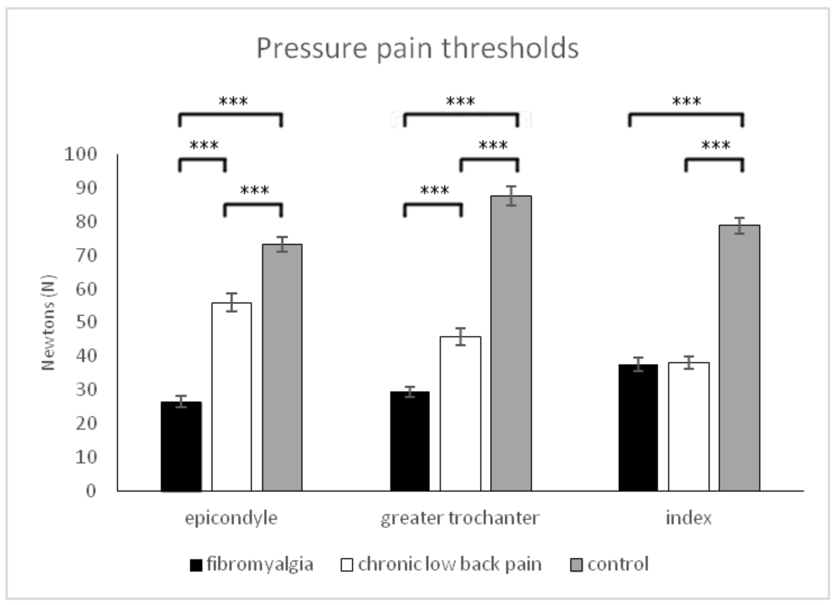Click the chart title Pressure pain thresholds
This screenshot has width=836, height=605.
pos(417,48)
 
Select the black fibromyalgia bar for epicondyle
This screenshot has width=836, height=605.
pos(181,446)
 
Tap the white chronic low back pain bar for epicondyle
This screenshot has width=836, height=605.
pos(231,397)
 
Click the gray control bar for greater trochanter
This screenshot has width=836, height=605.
pos(510,343)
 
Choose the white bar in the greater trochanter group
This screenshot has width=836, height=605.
pos(460,414)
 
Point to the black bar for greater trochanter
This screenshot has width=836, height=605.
pos(410,441)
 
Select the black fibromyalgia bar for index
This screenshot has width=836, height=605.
pos(638,428)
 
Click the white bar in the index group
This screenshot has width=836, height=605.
pos(689,427)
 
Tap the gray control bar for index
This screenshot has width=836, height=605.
pos(739,358)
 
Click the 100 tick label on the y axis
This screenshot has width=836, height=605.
pos(80,154)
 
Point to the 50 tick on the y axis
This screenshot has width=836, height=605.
pos(86,322)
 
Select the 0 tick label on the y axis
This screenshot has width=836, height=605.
pos(91,491)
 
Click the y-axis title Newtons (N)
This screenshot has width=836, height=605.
pos(48,323)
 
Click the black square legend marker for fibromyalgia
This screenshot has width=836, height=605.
pos(196,565)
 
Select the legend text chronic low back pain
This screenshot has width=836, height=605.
pos(450,564)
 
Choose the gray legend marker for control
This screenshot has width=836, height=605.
pos(576,565)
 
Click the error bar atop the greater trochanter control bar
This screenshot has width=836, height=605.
pos(510,196)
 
